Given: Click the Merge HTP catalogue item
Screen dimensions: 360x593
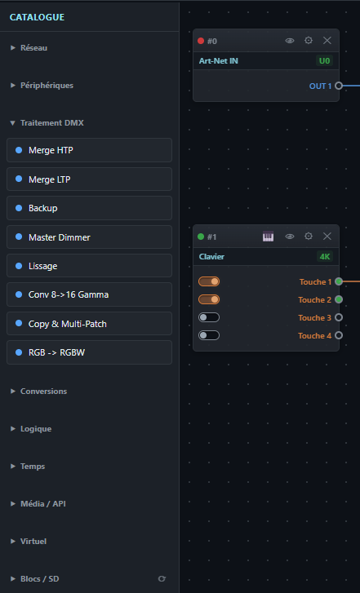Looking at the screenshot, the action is click(x=89, y=150).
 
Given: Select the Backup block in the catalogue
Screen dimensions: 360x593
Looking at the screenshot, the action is click(x=89, y=208).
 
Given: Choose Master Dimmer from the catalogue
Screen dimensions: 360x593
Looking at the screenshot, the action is click(x=89, y=237).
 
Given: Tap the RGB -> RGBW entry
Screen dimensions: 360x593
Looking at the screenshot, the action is click(x=89, y=352).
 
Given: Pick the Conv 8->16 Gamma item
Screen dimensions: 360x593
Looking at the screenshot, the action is click(x=89, y=294).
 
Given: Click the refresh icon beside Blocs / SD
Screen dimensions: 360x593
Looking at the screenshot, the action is click(x=162, y=578).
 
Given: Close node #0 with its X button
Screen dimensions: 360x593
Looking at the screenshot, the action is click(x=327, y=41).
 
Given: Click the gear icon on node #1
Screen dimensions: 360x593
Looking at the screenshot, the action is click(x=309, y=237).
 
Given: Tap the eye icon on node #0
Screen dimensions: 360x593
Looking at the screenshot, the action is click(x=290, y=41).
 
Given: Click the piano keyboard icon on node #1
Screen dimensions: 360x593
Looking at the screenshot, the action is click(x=268, y=237).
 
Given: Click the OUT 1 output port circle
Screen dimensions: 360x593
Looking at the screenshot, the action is click(x=339, y=86).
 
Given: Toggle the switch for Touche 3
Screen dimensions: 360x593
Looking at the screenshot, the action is click(x=209, y=317).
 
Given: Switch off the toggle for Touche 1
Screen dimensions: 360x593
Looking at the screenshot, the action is click(x=209, y=281).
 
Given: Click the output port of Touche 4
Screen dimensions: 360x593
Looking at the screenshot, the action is click(x=339, y=335).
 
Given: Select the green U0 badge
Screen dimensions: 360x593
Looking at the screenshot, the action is click(x=324, y=61).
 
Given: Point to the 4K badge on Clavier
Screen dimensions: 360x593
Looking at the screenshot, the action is click(x=325, y=257).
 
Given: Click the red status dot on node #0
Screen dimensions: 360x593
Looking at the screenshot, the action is click(x=201, y=41).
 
